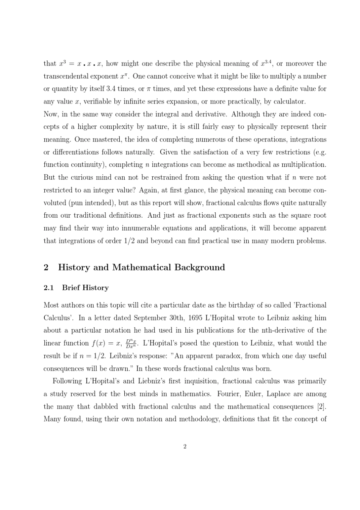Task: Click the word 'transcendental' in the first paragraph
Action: [x=66, y=76]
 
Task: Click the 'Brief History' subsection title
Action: [x=85, y=288]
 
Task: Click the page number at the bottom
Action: [x=185, y=447]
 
